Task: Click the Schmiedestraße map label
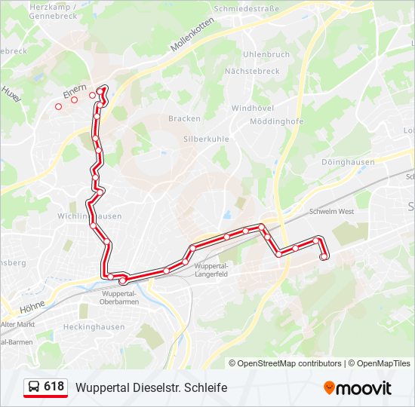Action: coord(247,8)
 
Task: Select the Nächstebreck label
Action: coord(252,71)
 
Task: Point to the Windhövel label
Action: coord(253,109)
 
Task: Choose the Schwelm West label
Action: coord(331,212)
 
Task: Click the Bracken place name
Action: coord(184,118)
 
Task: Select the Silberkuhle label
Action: coord(206,139)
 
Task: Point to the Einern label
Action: coord(75,89)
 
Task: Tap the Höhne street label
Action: coord(32,307)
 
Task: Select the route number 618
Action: coord(54,387)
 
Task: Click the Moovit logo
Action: coord(358,388)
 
